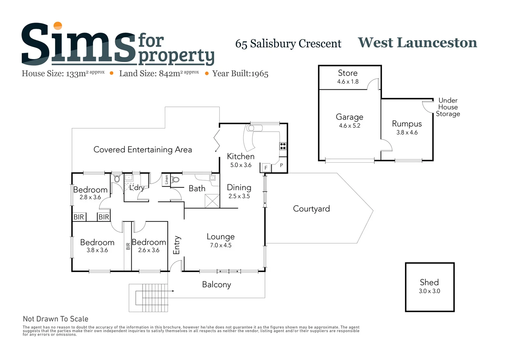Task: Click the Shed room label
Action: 429,282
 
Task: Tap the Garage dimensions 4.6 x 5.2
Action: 349,126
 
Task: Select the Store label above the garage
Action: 348,73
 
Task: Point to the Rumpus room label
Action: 407,124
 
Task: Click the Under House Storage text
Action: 448,107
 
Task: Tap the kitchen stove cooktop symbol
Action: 283,146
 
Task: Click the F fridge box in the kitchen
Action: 266,168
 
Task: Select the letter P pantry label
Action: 281,165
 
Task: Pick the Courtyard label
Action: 311,209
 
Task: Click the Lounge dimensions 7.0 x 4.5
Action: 221,245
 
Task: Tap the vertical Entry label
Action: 176,245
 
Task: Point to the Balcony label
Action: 216,285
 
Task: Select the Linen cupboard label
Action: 166,180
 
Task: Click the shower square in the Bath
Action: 212,201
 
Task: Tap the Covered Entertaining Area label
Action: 143,150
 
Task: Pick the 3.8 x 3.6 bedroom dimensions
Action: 97,250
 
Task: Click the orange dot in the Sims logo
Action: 58,26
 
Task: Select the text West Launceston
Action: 417,43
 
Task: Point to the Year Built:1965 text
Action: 240,74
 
